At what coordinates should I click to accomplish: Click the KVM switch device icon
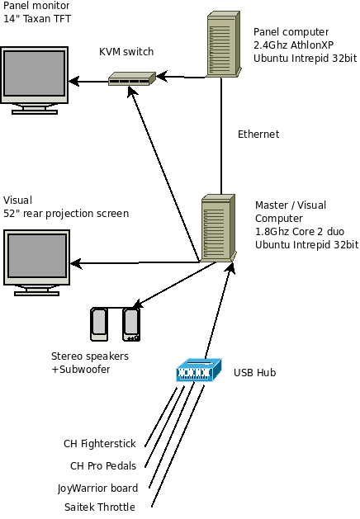point(130,79)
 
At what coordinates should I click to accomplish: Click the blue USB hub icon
point(198,371)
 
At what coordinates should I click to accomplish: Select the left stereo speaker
point(99,324)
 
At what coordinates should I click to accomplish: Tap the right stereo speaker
point(130,324)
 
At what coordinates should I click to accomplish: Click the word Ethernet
point(258,134)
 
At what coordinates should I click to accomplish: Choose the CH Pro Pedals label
point(103,465)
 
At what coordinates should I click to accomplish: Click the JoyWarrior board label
point(97,488)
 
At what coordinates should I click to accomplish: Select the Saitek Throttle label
point(99,507)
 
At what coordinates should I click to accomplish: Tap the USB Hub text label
point(254,373)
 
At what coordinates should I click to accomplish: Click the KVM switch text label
point(126,52)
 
